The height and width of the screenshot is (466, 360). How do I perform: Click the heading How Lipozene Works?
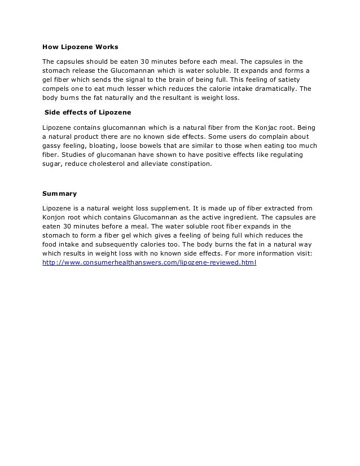point(80,46)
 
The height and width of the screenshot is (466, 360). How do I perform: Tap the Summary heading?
point(60,194)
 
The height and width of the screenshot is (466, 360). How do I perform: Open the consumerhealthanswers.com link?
point(150,263)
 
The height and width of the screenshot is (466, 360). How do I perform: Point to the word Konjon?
point(55,217)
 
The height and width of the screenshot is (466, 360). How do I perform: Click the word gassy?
point(53,145)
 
